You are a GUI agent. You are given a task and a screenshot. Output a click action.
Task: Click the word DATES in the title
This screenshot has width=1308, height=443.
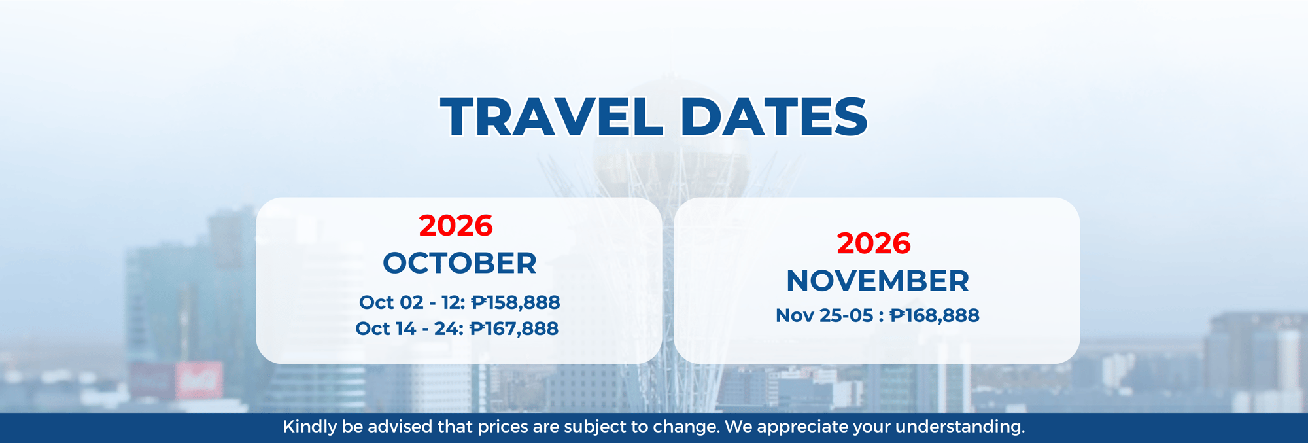pos(774,116)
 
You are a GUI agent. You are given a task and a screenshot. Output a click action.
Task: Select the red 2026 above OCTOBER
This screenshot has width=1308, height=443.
pos(456,226)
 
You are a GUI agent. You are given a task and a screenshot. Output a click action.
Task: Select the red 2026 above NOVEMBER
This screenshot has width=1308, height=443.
pos(874,243)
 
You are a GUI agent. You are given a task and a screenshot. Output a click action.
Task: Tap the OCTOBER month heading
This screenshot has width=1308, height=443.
pos(460,263)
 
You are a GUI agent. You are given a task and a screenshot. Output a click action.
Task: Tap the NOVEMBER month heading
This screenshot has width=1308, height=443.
pos(878,281)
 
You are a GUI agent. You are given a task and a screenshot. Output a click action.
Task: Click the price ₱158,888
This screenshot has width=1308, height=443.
pos(515,302)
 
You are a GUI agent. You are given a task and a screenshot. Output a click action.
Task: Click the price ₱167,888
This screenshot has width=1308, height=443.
pos(514,328)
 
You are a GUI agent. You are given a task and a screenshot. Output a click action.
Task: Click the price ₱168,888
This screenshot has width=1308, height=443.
pos(935,315)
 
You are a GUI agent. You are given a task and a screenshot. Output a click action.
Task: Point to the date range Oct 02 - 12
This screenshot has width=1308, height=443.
pos(412,302)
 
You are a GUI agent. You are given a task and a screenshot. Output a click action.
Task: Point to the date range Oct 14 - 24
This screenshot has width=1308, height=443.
pos(409,328)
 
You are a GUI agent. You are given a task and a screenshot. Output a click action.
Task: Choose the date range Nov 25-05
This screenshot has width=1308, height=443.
pos(824,315)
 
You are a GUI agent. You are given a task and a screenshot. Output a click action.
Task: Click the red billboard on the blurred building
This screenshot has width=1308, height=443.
pos(199,380)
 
